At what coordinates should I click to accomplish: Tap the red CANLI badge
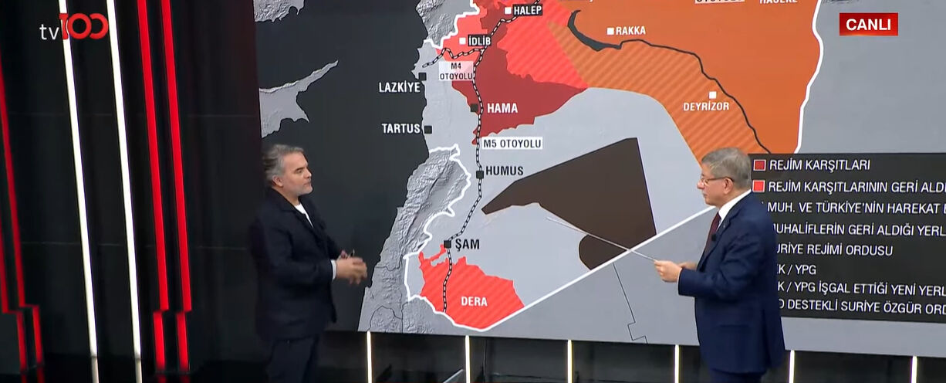pyautogui.click(x=868, y=25)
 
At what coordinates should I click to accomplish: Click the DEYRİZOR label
pyautogui.click(x=705, y=106)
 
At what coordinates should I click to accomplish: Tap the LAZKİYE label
pyautogui.click(x=399, y=87)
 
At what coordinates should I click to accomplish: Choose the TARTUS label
pyautogui.click(x=400, y=128)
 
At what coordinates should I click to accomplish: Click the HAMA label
pyautogui.click(x=502, y=108)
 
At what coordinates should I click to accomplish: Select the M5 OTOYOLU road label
pyautogui.click(x=512, y=143)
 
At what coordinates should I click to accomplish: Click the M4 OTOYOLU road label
pyautogui.click(x=456, y=71)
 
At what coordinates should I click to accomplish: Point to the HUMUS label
pyautogui.click(x=505, y=171)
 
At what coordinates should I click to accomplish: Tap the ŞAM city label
pyautogui.click(x=467, y=244)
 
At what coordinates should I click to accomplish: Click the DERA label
pyautogui.click(x=474, y=301)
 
